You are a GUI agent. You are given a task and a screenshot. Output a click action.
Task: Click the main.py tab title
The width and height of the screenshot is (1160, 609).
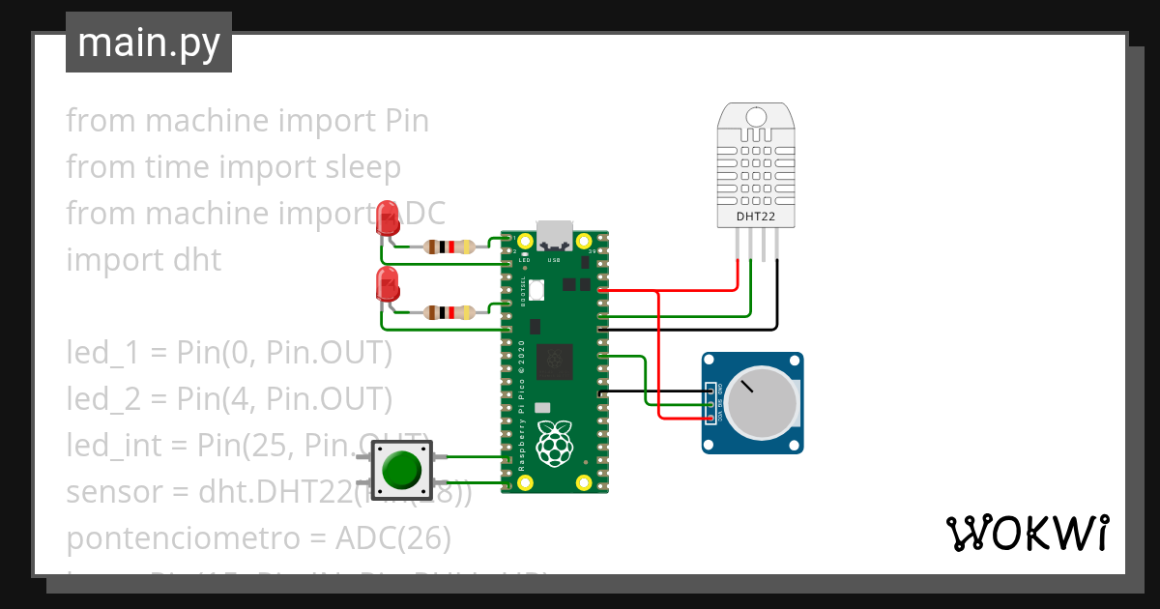pyautogui.click(x=148, y=43)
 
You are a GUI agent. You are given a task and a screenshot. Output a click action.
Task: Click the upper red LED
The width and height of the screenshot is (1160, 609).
pyautogui.click(x=388, y=217)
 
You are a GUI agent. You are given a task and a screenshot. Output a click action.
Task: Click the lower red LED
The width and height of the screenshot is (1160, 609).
pyautogui.click(x=388, y=284)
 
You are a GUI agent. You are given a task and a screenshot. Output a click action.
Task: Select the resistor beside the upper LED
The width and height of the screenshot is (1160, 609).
pyautogui.click(x=449, y=246)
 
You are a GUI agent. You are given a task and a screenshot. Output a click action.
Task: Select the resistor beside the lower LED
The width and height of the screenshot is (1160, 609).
pyautogui.click(x=449, y=312)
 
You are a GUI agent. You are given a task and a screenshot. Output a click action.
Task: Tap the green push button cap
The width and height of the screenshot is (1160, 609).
pyautogui.click(x=401, y=469)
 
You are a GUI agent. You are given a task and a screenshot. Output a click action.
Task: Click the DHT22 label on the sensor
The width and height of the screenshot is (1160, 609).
pyautogui.click(x=756, y=217)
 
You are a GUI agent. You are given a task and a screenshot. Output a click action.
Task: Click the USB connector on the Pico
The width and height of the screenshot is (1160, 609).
pyautogui.click(x=555, y=236)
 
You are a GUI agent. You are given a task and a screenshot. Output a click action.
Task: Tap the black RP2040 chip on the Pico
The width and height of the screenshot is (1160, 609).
pyautogui.click(x=555, y=361)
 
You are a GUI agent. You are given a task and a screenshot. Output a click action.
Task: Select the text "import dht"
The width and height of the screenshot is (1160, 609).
pyautogui.click(x=143, y=260)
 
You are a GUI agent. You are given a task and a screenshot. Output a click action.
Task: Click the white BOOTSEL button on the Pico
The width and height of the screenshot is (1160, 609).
pyautogui.click(x=537, y=287)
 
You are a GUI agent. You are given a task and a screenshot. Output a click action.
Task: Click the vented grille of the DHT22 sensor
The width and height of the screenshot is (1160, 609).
pyautogui.click(x=756, y=164)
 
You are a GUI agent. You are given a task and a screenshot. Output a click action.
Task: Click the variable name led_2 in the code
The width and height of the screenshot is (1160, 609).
pyautogui.click(x=100, y=398)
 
